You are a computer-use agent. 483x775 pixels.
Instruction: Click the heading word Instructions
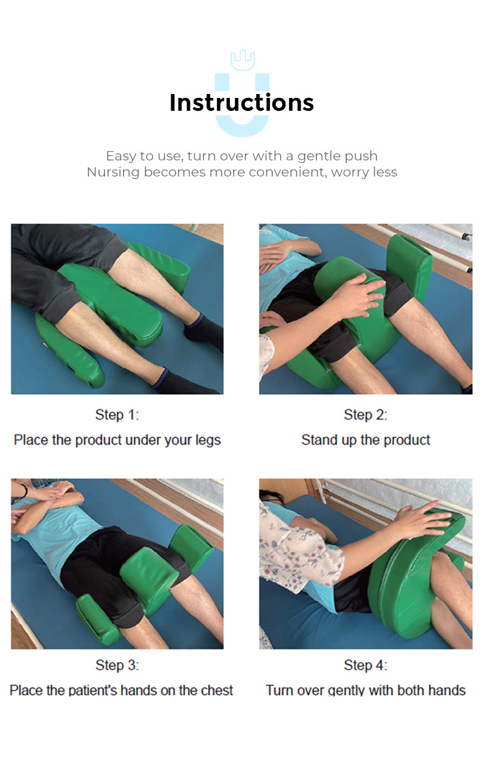(241, 103)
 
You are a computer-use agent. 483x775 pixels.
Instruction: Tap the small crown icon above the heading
(242, 61)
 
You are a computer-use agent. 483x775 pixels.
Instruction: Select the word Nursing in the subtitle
(113, 172)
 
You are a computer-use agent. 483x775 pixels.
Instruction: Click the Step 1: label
(117, 415)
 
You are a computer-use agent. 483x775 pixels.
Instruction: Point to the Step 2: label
(365, 415)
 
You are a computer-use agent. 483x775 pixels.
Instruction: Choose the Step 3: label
(117, 665)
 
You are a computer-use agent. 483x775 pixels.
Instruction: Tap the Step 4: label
(365, 665)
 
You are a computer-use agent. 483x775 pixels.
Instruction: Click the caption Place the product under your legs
(117, 440)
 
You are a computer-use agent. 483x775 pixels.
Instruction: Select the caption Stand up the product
(365, 440)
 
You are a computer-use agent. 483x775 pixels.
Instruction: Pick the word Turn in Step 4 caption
(279, 690)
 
